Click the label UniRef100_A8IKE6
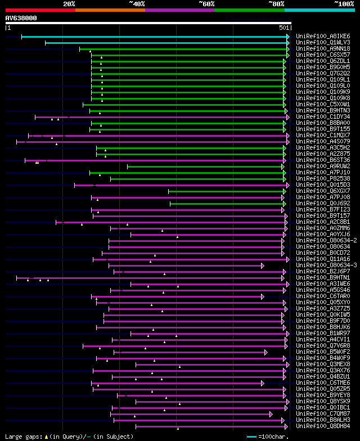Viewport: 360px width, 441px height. pyautogui.click(x=323, y=36)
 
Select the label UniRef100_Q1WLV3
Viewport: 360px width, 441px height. pyautogui.click(x=323, y=42)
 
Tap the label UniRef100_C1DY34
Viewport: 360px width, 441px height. pyautogui.click(x=323, y=116)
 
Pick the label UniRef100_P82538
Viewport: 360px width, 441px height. pyautogui.click(x=323, y=178)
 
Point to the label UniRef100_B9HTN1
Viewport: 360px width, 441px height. pyautogui.click(x=323, y=277)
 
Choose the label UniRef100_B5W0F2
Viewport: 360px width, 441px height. pyautogui.click(x=323, y=352)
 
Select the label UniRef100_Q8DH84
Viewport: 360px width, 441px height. pyautogui.click(x=323, y=426)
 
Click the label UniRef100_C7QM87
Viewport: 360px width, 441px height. pyautogui.click(x=323, y=413)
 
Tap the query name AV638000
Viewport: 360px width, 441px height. pyautogui.click(x=21, y=18)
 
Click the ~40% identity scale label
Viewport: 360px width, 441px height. pyautogui.click(x=137, y=3)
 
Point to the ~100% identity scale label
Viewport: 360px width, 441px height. pyautogui.click(x=344, y=3)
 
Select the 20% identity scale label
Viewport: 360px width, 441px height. pyautogui.click(x=69, y=3)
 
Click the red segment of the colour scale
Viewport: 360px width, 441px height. pyautogui.click(x=40, y=10)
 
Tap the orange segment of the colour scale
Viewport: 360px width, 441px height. pyautogui.click(x=110, y=10)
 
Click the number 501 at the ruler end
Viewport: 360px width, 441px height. pyautogui.click(x=284, y=27)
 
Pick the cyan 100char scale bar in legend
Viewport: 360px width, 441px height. pyautogui.click(x=251, y=436)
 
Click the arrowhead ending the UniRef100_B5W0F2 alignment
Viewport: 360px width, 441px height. pyautogui.click(x=265, y=352)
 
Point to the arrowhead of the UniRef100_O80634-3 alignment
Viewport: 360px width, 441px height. pyautogui.click(x=262, y=265)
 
